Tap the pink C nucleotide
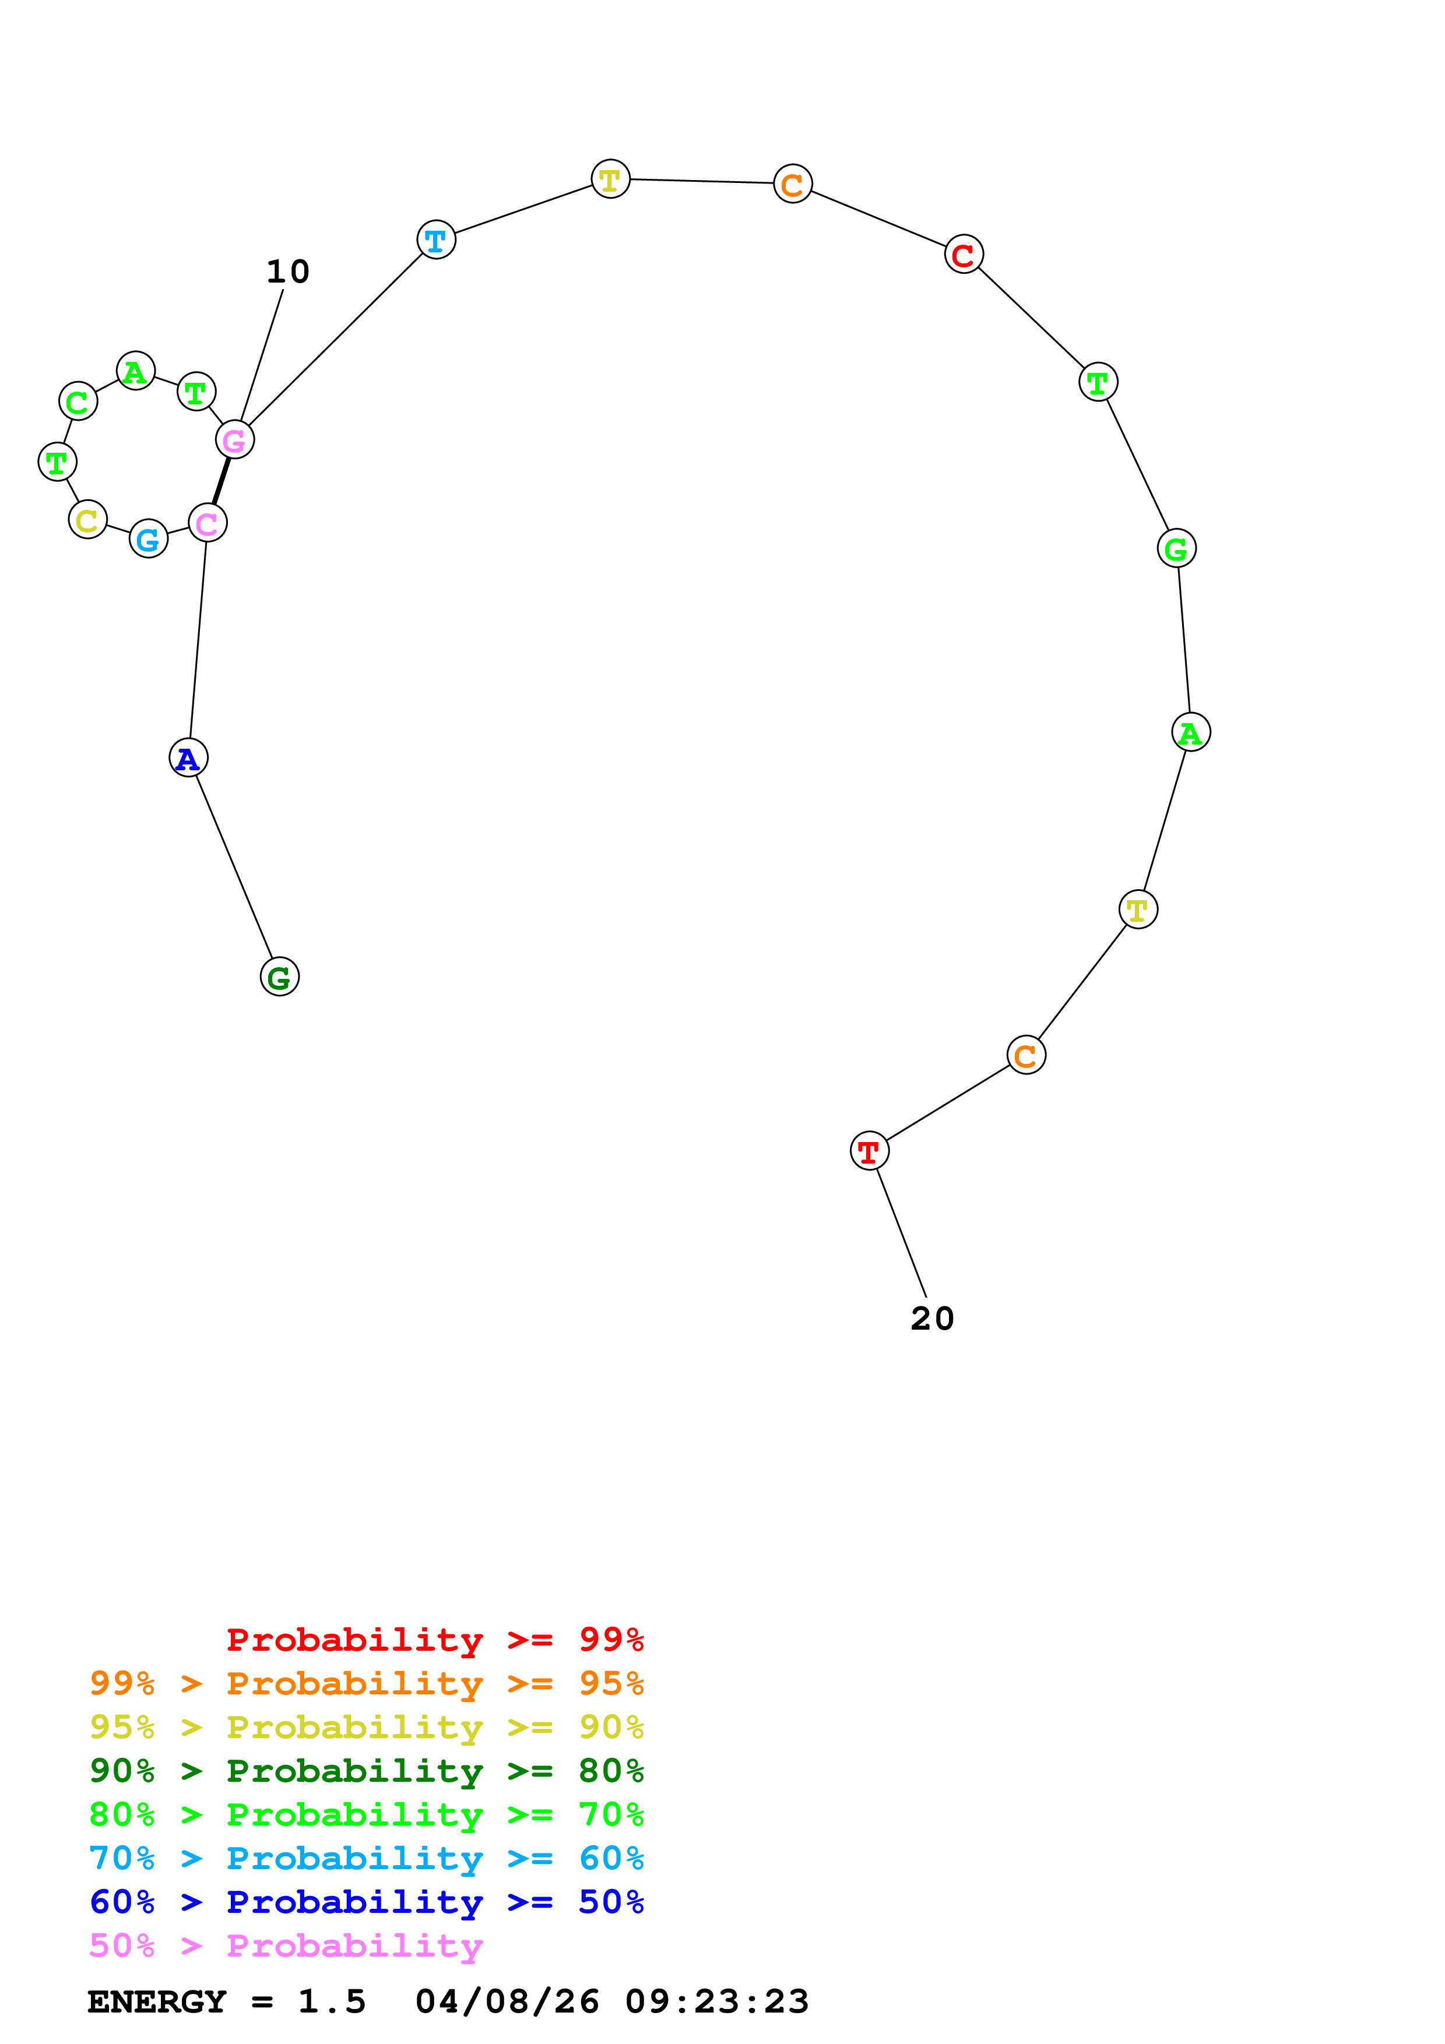[x=208, y=523]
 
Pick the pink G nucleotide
[x=235, y=440]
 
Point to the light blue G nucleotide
[x=149, y=538]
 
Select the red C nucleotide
[x=964, y=255]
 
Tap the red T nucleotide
[x=869, y=1151]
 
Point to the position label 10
[x=287, y=272]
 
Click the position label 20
[x=932, y=1319]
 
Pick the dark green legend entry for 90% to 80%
[x=366, y=1771]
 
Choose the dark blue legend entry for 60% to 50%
[x=366, y=1902]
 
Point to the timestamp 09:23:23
[x=717, y=2001]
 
